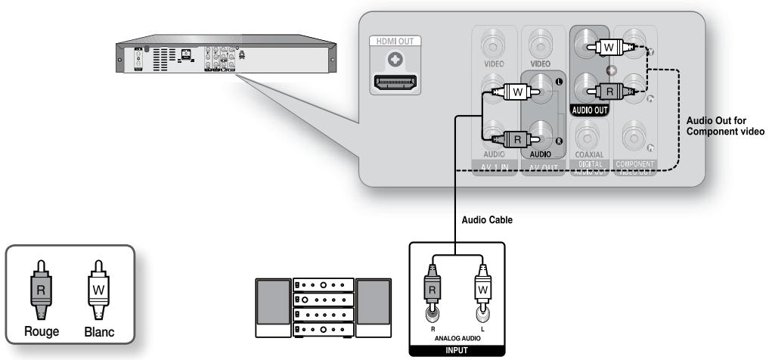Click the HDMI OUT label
pyautogui.click(x=396, y=41)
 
